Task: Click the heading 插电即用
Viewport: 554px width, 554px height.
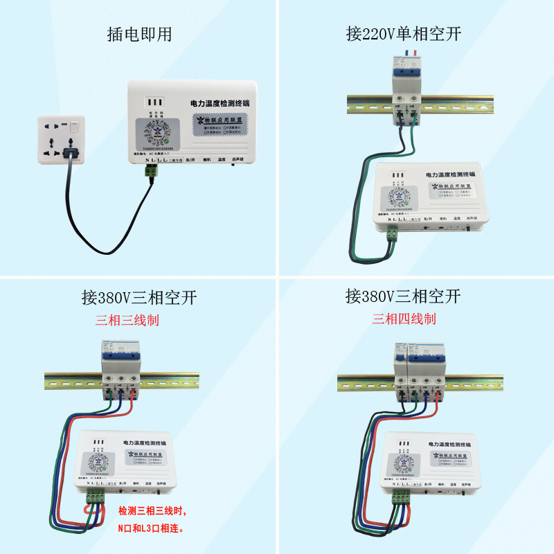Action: coord(139,33)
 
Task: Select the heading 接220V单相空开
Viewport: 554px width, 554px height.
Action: coord(404,33)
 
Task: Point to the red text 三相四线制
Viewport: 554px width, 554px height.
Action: coord(404,319)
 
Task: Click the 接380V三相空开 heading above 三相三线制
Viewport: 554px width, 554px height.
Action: coord(139,298)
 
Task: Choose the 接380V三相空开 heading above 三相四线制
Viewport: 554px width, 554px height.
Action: coord(404,297)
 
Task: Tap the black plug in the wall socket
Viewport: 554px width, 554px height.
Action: coord(70,153)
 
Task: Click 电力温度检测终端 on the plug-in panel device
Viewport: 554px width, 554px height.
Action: coord(220,103)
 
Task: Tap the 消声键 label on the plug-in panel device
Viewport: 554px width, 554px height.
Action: coord(240,159)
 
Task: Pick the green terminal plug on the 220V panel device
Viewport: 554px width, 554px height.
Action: coord(393,236)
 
